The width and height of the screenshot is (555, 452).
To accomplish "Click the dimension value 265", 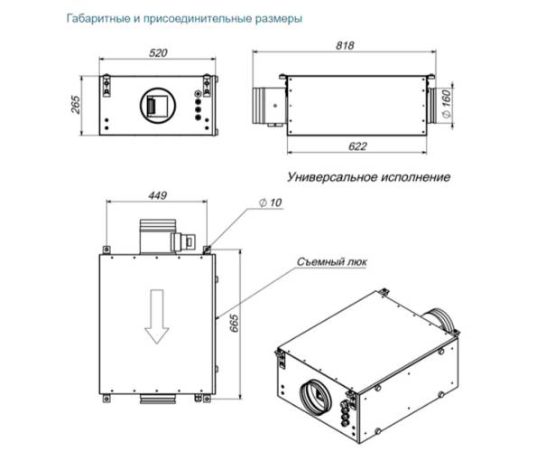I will pos(77,107).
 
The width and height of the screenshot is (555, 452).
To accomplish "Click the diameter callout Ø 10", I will pos(271,204).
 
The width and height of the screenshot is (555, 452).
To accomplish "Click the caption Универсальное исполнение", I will pos(368,176).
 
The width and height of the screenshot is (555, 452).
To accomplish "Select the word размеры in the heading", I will pos(274,18).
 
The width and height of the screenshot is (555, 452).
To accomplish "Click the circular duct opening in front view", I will pos(159,105).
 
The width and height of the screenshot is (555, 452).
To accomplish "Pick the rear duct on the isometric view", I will pos(441,317).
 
